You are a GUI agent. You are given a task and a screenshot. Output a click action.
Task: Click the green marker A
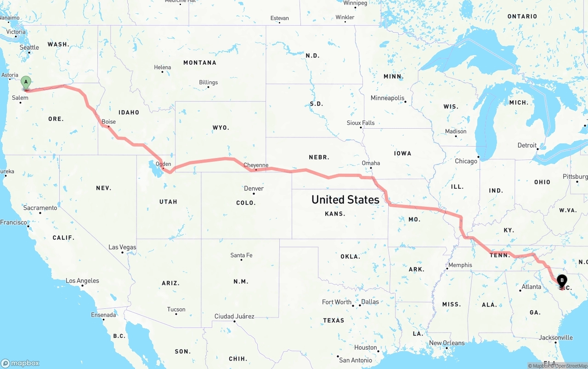pyautogui.click(x=26, y=83)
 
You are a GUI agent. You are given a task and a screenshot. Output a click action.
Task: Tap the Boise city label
pyautogui.click(x=109, y=122)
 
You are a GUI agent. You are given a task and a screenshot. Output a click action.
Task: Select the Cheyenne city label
pyautogui.click(x=256, y=165)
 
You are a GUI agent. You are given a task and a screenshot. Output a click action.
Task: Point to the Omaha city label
pyautogui.click(x=371, y=163)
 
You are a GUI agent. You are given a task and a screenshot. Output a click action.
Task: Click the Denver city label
pyautogui.click(x=254, y=188)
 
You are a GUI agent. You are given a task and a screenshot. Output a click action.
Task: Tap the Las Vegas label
pyautogui.click(x=122, y=247)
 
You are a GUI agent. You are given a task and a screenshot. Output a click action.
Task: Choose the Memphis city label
pyautogui.click(x=460, y=265)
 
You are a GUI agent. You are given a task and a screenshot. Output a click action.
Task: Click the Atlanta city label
pyautogui.click(x=531, y=287)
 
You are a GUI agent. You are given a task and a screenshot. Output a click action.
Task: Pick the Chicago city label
pyautogui.click(x=466, y=161)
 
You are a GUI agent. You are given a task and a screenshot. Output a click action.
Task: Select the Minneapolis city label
pyautogui.click(x=388, y=98)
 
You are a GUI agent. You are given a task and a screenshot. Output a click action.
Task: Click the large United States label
pyautogui.click(x=345, y=199)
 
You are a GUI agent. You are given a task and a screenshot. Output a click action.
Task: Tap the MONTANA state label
pyautogui.click(x=199, y=62)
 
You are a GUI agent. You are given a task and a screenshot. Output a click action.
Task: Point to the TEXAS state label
pyautogui.click(x=334, y=320)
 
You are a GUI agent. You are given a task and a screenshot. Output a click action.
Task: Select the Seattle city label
pyautogui.click(x=29, y=47)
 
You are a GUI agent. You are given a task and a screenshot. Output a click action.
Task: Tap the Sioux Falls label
pyautogui.click(x=361, y=123)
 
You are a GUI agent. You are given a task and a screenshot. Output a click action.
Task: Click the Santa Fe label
pyautogui.click(x=241, y=255)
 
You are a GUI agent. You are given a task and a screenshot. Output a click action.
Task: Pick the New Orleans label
pyautogui.click(x=447, y=343)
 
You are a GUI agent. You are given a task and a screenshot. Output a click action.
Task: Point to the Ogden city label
pyautogui.click(x=164, y=164)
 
